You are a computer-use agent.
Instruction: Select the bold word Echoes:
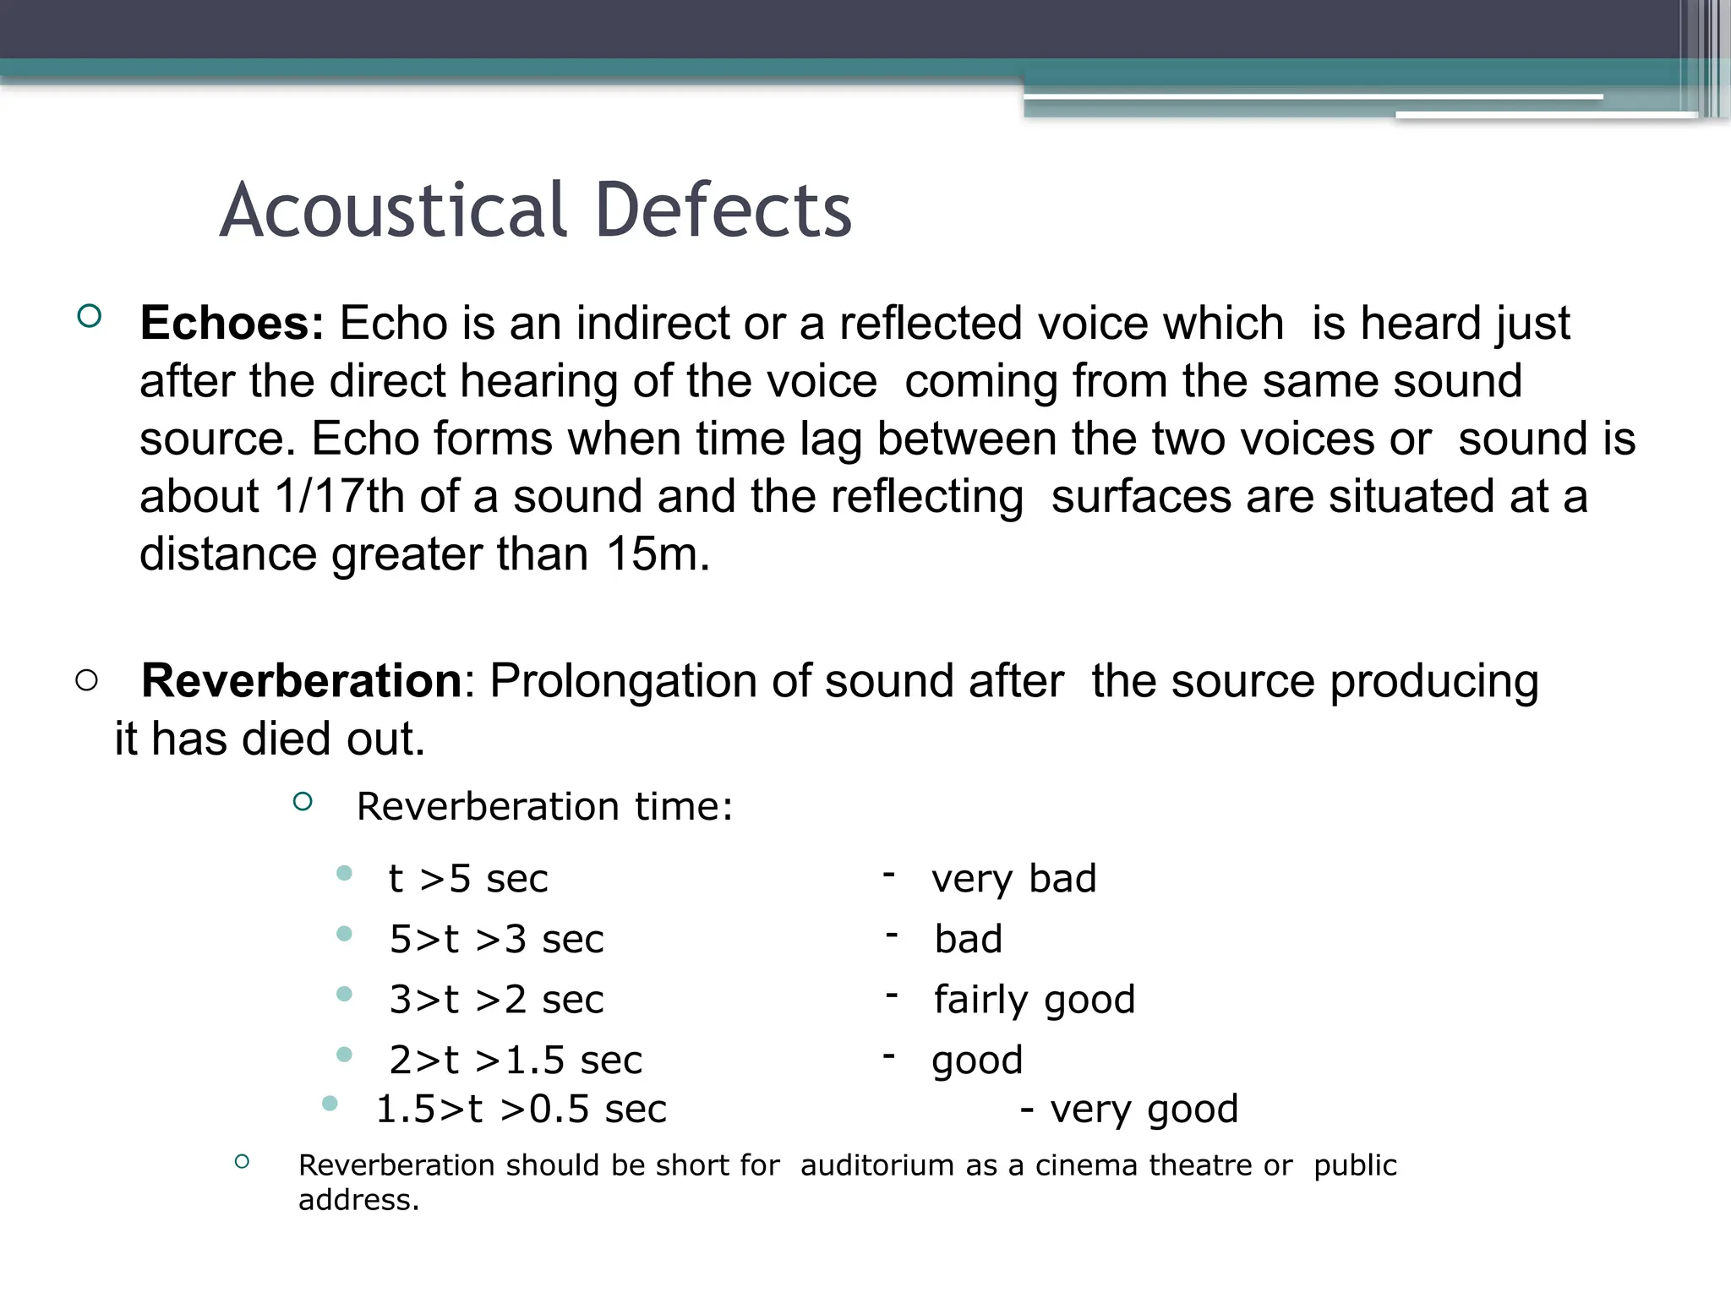(232, 323)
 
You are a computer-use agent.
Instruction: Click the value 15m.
(657, 554)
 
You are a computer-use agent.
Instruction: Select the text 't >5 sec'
(467, 879)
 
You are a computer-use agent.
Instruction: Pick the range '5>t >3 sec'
(496, 939)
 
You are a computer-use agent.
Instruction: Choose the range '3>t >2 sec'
(496, 1000)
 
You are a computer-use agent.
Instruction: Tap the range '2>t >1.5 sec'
(516, 1060)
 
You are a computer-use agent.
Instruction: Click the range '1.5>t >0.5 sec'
(521, 1109)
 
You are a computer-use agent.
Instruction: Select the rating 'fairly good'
(1034, 1000)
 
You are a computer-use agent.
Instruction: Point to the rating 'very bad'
(1013, 879)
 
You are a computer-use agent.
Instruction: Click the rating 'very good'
(1144, 1109)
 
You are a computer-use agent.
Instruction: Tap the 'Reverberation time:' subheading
(544, 806)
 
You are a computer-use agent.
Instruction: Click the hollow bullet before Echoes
(89, 317)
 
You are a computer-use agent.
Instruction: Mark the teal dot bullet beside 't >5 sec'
(344, 873)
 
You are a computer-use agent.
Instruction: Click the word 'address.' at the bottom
(358, 1200)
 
